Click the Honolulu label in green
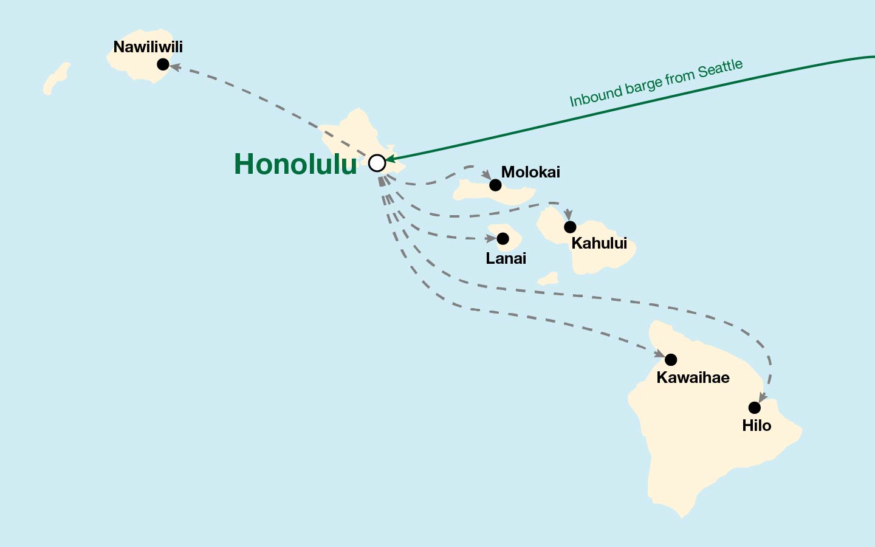point(295,164)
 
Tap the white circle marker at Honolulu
point(377,163)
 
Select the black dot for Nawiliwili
point(163,64)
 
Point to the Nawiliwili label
point(148,47)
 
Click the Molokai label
point(530,172)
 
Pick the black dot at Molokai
point(495,185)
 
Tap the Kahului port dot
point(570,227)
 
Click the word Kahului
point(599,243)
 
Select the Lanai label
point(506,258)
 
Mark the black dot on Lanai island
point(503,238)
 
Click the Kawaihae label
point(693,377)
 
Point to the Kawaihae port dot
point(671,359)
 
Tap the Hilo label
point(757,425)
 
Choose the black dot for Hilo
point(754,407)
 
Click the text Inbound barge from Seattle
point(656,83)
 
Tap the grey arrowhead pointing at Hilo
point(762,397)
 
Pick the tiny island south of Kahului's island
point(548,279)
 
